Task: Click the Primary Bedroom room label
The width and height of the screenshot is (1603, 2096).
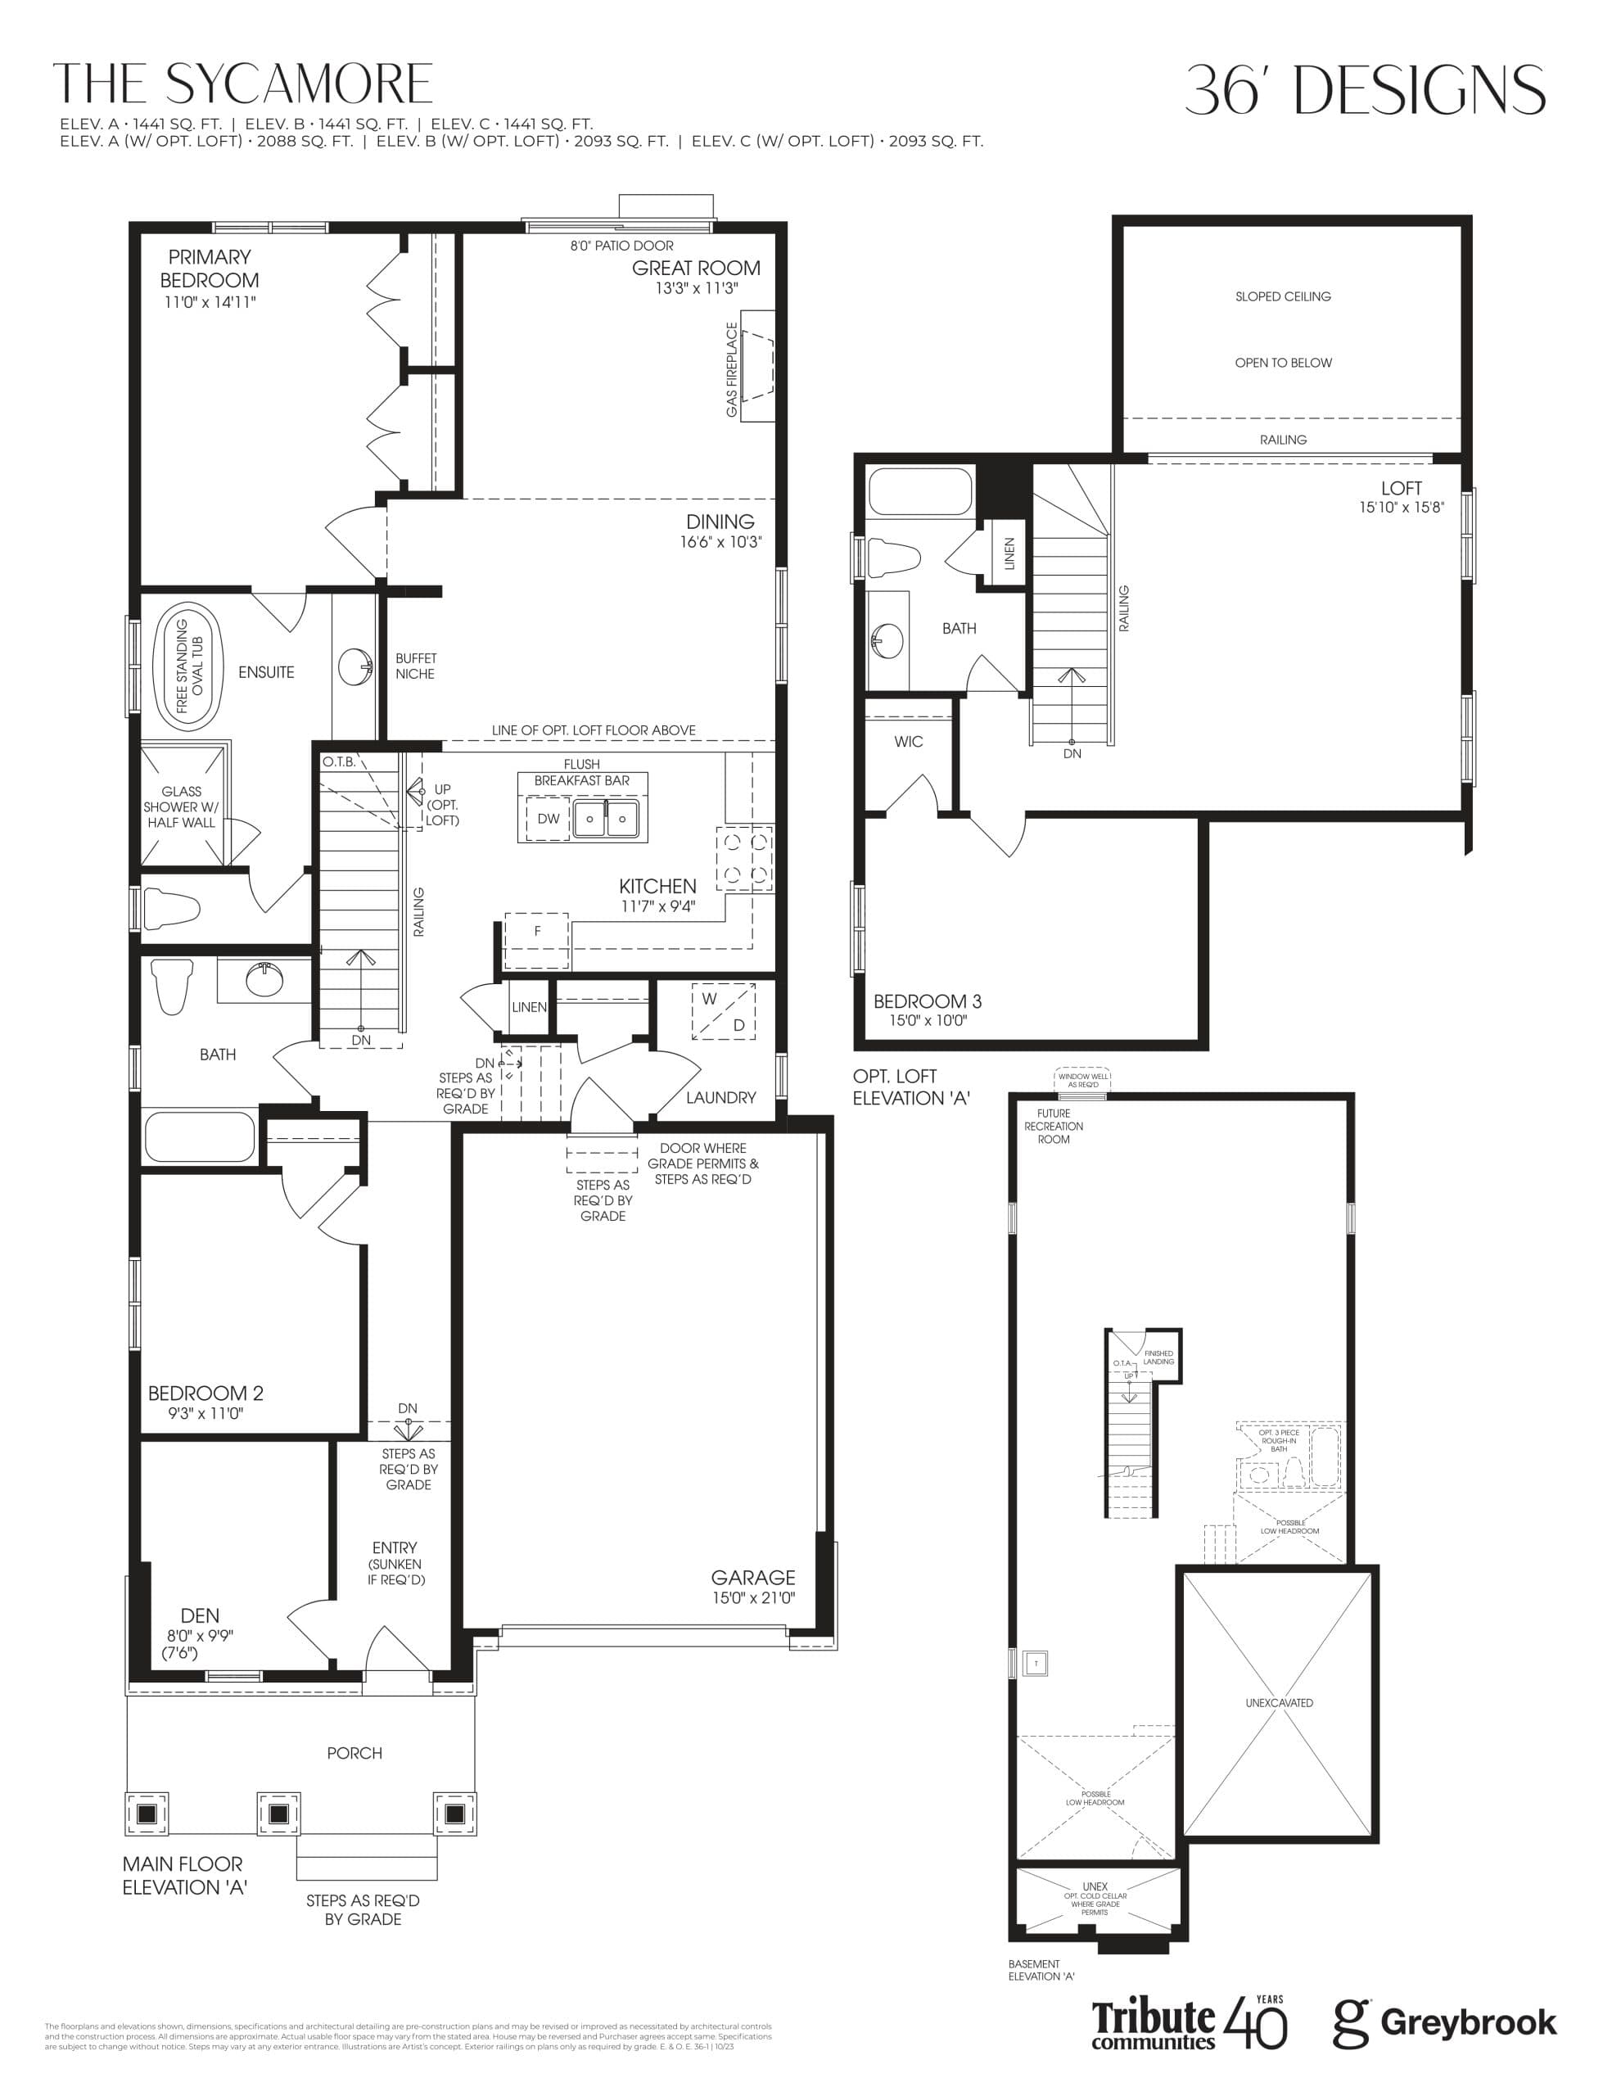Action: [209, 268]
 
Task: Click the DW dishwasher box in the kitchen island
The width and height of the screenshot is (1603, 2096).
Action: [548, 819]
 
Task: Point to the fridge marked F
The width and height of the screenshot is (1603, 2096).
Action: [536, 931]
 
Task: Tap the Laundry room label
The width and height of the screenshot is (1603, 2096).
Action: [720, 1097]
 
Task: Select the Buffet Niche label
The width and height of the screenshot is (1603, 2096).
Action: [415, 666]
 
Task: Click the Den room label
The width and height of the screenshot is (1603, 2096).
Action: [200, 1615]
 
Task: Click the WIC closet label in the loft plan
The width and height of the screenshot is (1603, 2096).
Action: [909, 741]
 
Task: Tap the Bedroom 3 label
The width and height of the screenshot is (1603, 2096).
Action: [927, 1001]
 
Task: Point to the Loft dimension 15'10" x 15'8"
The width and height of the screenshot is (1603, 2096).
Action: [1401, 508]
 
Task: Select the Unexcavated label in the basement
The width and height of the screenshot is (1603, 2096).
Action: [1279, 1702]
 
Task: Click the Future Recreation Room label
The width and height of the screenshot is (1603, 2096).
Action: [1054, 1126]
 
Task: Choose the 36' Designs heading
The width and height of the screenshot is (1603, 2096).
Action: [1365, 92]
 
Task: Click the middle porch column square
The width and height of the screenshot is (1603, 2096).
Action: [278, 1813]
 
